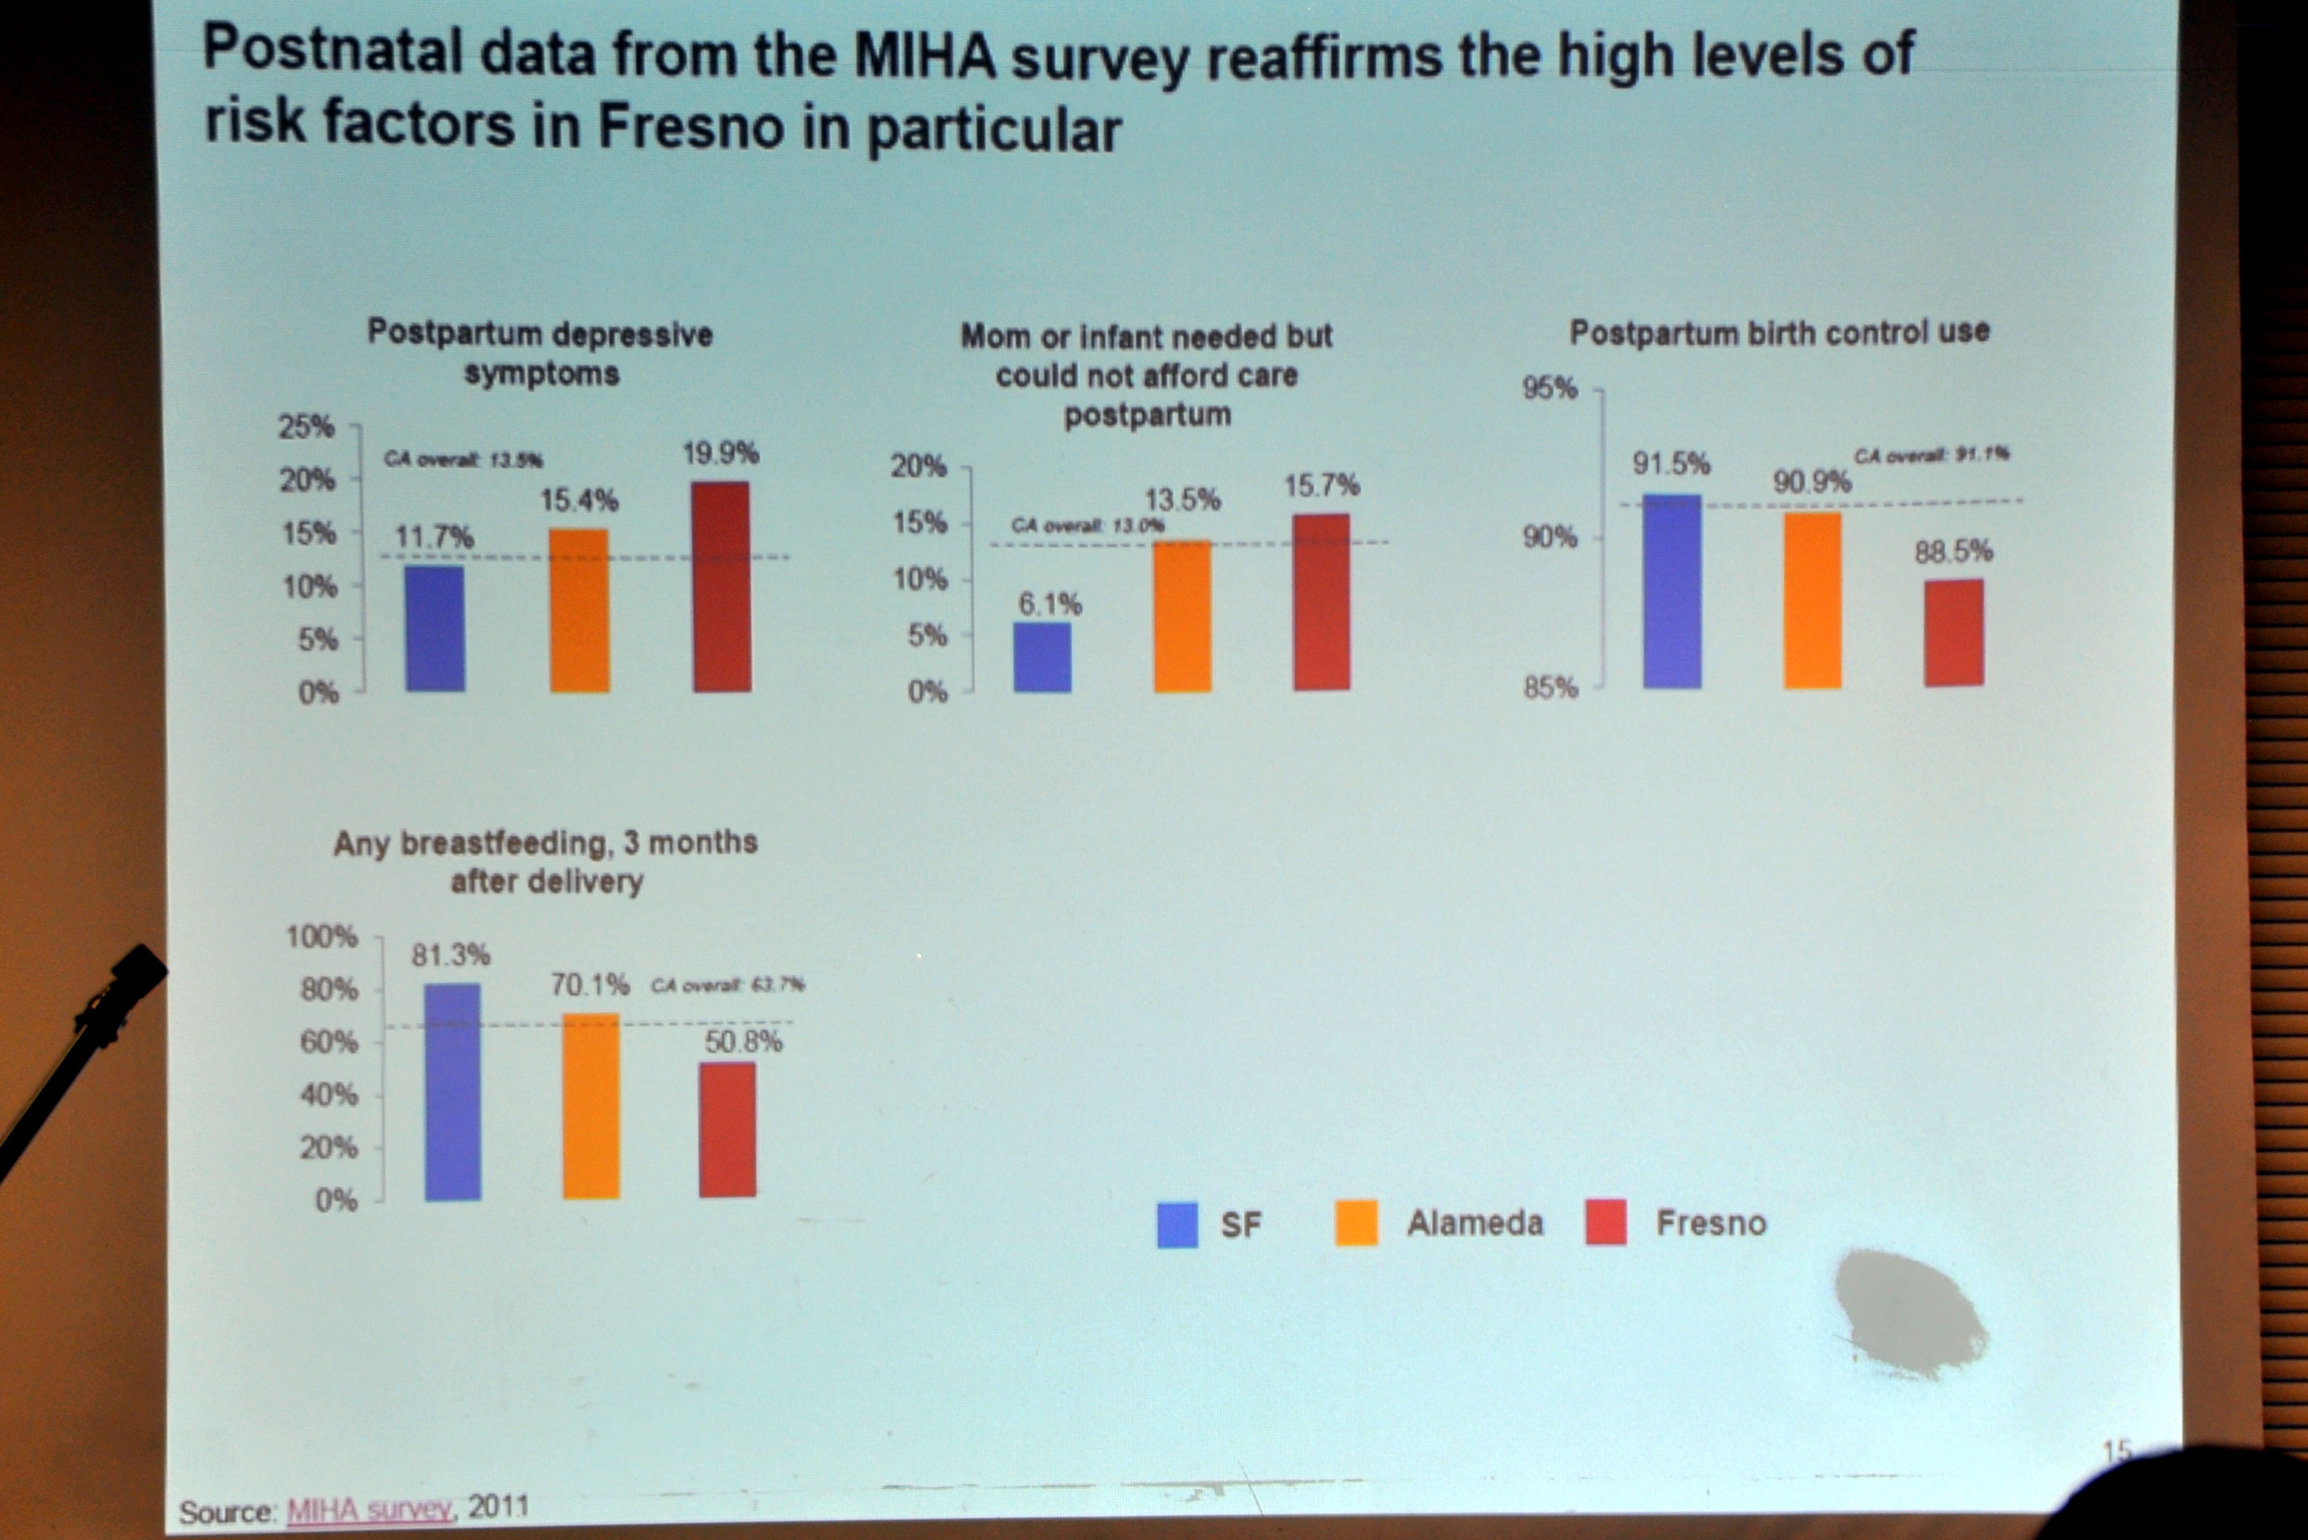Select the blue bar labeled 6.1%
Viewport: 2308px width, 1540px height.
tap(1042, 657)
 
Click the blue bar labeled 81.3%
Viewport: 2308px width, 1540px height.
tap(453, 1091)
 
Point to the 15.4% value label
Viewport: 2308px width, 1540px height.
tap(579, 501)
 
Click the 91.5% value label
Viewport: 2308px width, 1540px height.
tap(1671, 464)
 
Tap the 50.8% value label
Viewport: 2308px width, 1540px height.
tap(744, 1042)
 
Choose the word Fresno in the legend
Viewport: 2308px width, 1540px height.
tap(1711, 1222)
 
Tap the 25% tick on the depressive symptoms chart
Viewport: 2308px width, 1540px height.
tap(307, 427)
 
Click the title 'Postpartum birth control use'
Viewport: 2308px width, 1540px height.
tap(1778, 333)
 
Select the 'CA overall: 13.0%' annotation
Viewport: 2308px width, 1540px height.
tap(1087, 525)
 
